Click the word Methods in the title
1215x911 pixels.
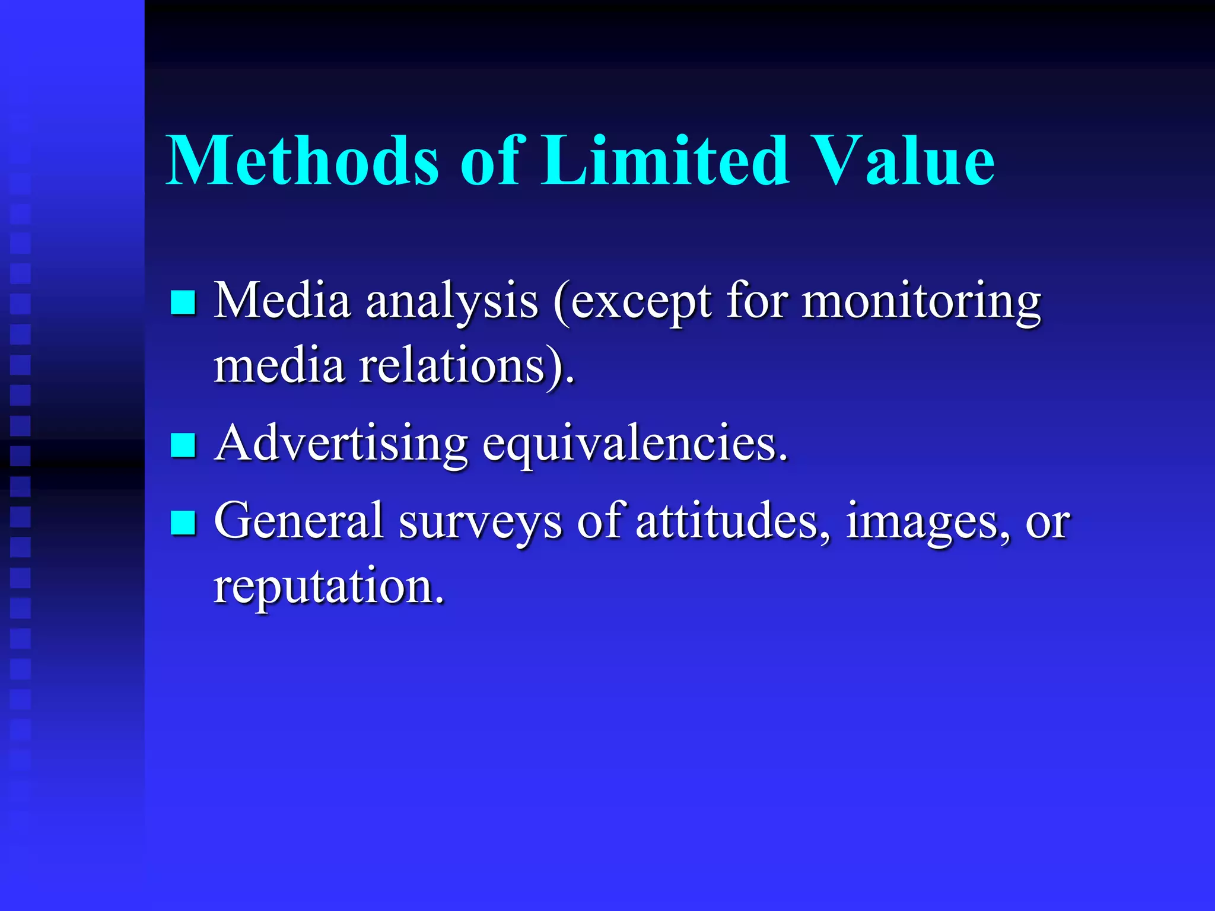303,160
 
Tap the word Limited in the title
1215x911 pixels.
664,160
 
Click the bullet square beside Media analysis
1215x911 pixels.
183,302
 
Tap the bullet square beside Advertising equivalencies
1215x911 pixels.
183,445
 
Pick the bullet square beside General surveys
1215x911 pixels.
183,523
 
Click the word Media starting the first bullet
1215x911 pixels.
282,301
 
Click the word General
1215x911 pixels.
299,521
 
